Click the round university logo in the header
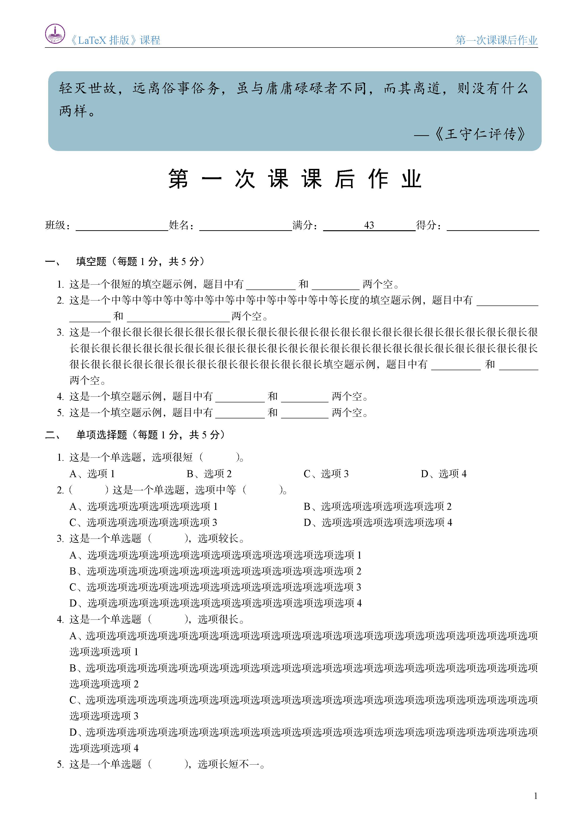55,34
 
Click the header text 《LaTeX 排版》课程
115,40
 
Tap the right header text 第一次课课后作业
497,40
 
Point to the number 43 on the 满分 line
369,225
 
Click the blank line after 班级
122,226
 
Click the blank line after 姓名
246,226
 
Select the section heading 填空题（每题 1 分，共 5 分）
140,261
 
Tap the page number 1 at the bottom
536,796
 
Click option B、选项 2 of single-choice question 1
209,474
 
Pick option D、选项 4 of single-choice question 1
444,474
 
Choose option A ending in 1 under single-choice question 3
215,555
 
